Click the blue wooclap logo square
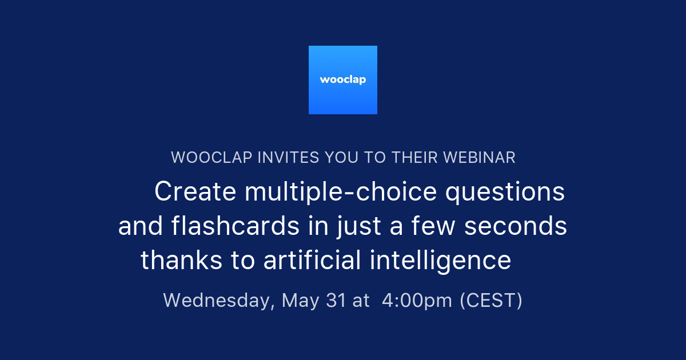pos(343,80)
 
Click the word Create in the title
pos(195,192)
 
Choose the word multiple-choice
pos(341,192)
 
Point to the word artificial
pos(312,261)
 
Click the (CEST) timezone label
pos(491,301)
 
